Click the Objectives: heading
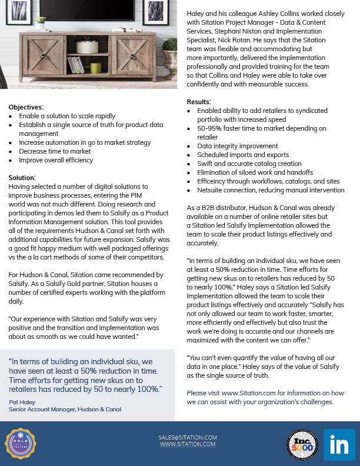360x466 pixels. click(26, 107)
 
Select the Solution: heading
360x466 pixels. click(22, 177)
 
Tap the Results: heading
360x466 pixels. click(199, 102)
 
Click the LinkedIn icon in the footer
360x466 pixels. click(339, 445)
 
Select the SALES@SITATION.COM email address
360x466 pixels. click(188, 437)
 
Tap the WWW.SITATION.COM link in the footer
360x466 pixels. click(188, 444)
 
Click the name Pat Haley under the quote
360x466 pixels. click(22, 401)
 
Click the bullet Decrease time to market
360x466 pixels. click(55, 151)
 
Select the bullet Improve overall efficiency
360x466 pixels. click(56, 160)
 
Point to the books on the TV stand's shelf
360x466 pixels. click(75, 64)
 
